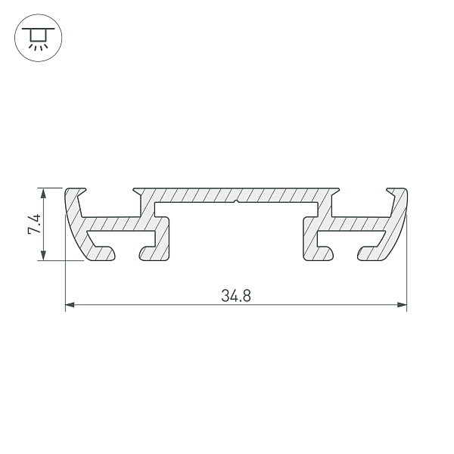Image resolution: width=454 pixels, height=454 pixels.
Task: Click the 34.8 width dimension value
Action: click(236, 296)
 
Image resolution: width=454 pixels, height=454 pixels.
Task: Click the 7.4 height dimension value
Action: click(34, 224)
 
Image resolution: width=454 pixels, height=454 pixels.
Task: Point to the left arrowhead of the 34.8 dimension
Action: click(70, 306)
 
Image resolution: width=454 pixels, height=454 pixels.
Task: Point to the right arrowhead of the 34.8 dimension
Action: click(403, 306)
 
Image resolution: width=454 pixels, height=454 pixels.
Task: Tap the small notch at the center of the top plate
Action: click(238, 202)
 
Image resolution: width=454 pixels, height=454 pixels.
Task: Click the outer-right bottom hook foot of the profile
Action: click(371, 253)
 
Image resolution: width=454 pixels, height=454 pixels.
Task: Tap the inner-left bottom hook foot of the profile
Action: click(151, 253)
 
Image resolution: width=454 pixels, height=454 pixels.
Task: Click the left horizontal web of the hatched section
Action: click(121, 224)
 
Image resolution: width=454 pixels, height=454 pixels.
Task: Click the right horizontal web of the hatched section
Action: click(352, 224)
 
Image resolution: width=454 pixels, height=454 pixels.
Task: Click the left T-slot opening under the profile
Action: click(127, 250)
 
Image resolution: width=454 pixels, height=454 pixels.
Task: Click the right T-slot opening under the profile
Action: click(344, 250)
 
